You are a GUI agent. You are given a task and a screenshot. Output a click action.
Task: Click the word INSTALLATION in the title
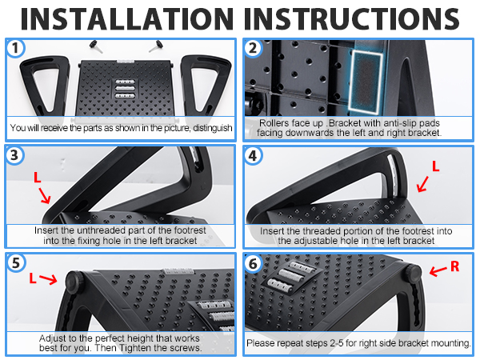click(x=127, y=19)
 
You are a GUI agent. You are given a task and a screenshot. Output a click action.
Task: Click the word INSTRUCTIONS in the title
click(x=352, y=19)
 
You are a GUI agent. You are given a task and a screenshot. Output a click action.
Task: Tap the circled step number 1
click(x=15, y=48)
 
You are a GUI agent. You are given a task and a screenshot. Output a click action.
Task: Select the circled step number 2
click(x=253, y=48)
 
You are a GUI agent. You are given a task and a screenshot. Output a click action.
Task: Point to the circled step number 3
click(x=14, y=155)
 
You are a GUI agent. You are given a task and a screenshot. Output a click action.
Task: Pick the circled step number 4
click(x=253, y=156)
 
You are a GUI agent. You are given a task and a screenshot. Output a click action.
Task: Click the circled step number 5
click(x=15, y=263)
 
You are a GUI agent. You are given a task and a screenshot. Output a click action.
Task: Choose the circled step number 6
click(x=253, y=263)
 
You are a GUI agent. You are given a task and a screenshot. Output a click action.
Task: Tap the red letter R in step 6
click(x=455, y=266)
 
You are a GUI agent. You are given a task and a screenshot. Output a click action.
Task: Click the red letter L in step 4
click(x=435, y=166)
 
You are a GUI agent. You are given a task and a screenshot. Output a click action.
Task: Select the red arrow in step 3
click(x=45, y=196)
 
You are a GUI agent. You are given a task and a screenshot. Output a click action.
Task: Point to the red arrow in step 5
click(x=49, y=279)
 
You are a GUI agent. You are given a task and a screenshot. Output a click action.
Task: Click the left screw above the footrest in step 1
click(x=97, y=46)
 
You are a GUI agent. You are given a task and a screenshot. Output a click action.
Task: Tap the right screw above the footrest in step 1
click(x=156, y=46)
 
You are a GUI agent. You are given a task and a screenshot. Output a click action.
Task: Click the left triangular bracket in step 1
click(x=45, y=86)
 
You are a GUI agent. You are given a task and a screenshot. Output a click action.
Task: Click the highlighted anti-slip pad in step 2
click(x=366, y=81)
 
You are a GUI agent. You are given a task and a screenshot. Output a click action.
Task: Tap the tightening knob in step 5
click(x=74, y=282)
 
